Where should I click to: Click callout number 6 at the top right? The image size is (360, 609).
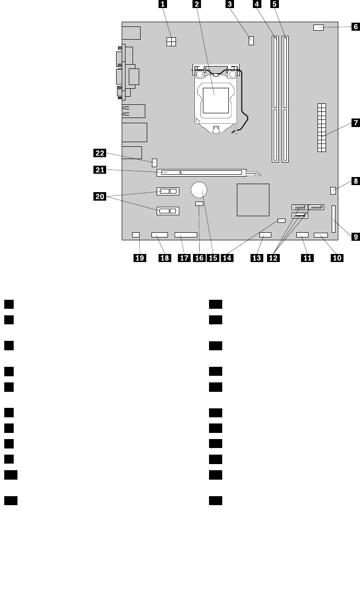pyautogui.click(x=355, y=27)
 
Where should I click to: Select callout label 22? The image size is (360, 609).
pyautogui.click(x=100, y=152)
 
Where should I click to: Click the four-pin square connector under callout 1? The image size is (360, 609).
pyautogui.click(x=171, y=42)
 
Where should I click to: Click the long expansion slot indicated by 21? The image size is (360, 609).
pyautogui.click(x=203, y=173)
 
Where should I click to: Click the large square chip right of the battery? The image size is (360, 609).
pyautogui.click(x=253, y=200)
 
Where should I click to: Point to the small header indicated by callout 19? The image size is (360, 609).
pyautogui.click(x=136, y=235)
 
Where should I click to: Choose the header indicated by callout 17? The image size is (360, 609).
pyautogui.click(x=185, y=235)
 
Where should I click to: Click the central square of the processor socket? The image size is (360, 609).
pyautogui.click(x=215, y=98)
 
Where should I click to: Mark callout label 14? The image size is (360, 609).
pyautogui.click(x=228, y=258)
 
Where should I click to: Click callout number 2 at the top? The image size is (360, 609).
pyautogui.click(x=196, y=4)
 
